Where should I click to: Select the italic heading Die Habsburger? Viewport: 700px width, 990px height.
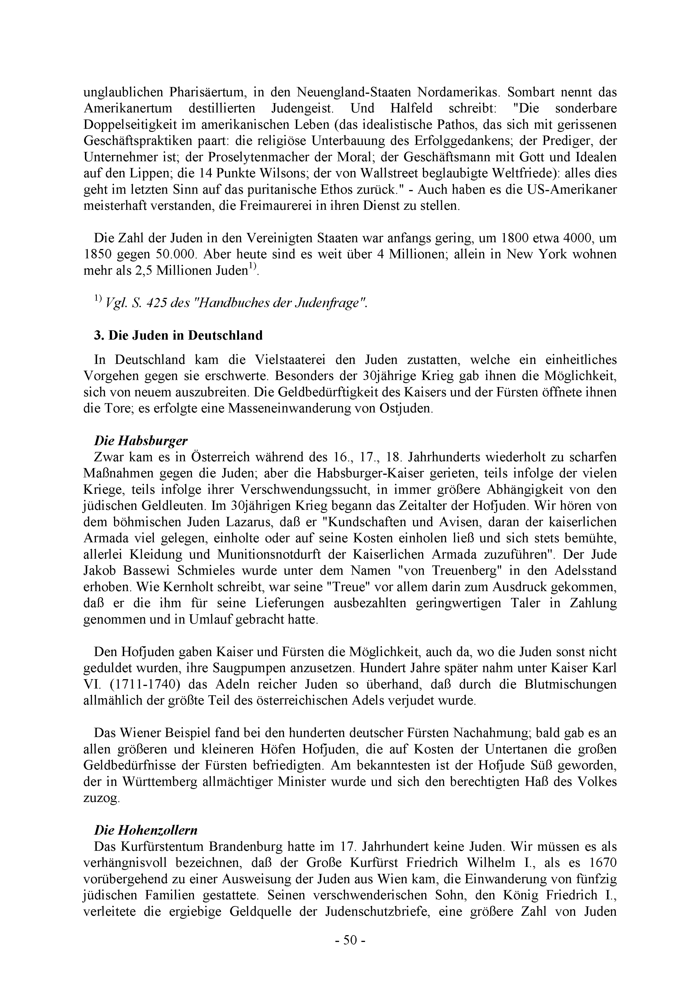pos(141,441)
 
